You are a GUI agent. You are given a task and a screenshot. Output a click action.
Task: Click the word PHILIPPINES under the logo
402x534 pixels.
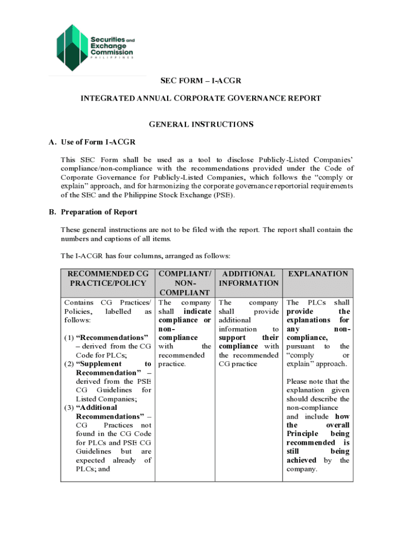click(x=112, y=58)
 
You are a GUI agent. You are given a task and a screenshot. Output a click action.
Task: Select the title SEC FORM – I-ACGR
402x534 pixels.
click(x=200, y=81)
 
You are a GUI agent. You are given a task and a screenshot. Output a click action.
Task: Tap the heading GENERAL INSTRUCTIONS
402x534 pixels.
click(x=201, y=124)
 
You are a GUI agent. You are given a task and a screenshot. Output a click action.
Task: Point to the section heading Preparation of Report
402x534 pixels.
click(x=99, y=212)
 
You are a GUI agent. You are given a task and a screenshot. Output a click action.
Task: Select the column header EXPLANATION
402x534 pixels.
click(x=318, y=274)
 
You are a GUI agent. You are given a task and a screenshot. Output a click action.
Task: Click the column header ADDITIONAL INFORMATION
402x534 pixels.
click(x=248, y=278)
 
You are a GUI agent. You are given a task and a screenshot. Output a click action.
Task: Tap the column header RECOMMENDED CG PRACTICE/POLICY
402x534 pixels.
click(x=108, y=278)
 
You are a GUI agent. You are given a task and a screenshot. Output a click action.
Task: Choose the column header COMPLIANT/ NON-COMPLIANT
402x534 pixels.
click(x=185, y=283)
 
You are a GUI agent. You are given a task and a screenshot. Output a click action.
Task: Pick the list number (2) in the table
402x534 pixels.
click(x=69, y=364)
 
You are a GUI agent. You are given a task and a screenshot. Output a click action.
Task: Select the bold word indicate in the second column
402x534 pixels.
click(x=197, y=311)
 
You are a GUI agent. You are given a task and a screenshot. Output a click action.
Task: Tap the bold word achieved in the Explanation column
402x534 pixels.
click(x=301, y=460)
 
